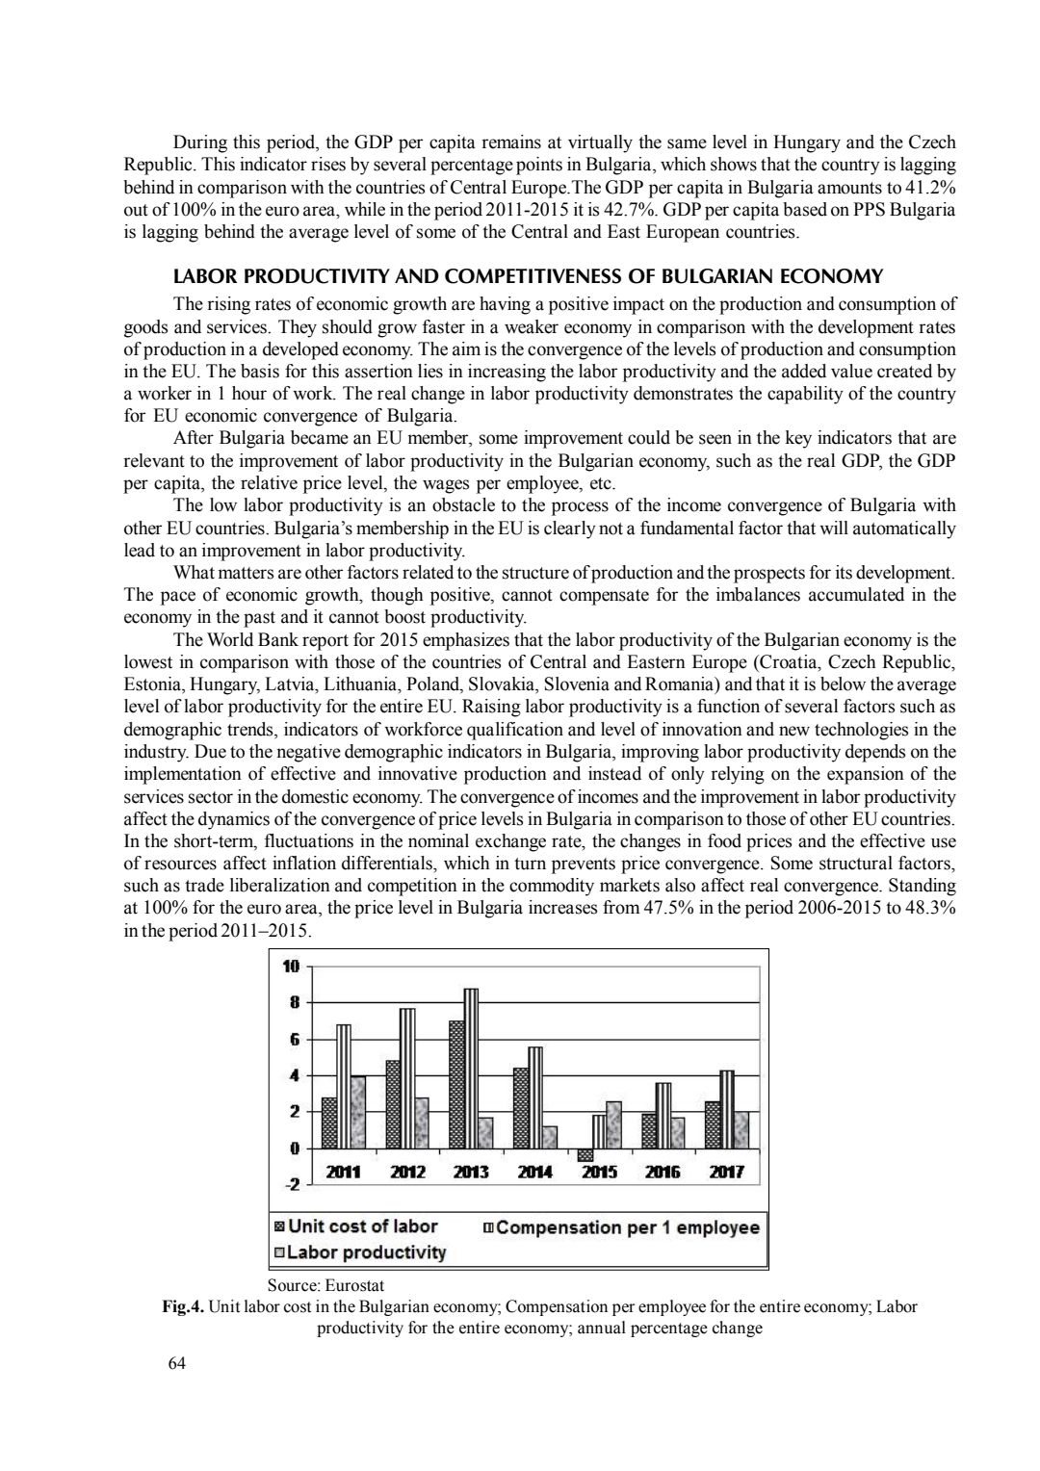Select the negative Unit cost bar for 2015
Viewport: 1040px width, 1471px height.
tap(585, 1154)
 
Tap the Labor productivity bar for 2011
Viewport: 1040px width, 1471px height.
tap(357, 1112)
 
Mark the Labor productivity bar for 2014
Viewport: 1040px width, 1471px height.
tap(550, 1137)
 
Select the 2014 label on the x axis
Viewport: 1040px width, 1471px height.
tap(534, 1173)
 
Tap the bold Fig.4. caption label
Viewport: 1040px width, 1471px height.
tap(183, 1306)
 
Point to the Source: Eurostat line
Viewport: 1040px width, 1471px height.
tap(325, 1284)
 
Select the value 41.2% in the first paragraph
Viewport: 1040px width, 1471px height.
tap(933, 187)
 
